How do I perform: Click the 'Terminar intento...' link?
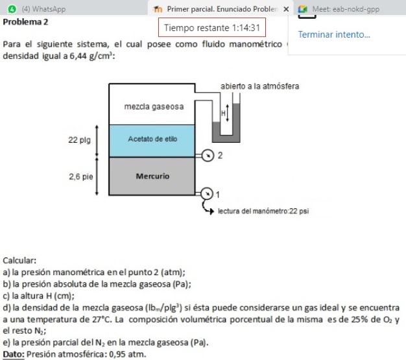point(334,34)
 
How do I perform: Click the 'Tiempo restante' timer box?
point(212,29)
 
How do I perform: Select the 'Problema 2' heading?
point(25,21)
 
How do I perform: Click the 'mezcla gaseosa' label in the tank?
point(153,105)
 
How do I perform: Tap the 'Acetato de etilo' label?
point(152,139)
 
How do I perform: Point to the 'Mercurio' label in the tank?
point(152,175)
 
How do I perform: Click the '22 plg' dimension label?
point(80,139)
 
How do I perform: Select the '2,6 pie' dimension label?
point(80,175)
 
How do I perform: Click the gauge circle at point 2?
point(207,156)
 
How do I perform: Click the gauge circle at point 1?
point(207,193)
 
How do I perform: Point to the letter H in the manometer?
point(223,112)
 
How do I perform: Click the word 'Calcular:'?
point(20,261)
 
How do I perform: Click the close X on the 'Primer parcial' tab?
point(286,9)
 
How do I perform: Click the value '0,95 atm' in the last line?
point(129,354)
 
